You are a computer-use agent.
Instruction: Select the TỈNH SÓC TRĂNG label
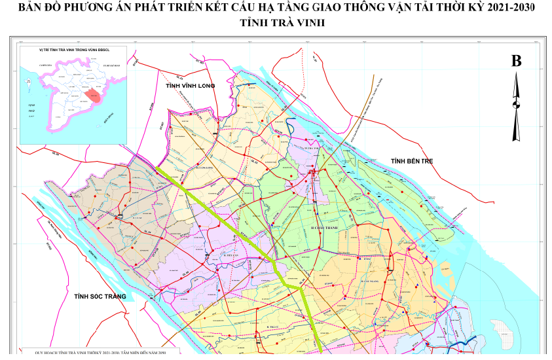[99, 297]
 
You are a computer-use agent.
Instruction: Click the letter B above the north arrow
[516, 62]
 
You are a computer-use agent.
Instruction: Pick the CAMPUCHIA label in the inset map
[48, 66]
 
